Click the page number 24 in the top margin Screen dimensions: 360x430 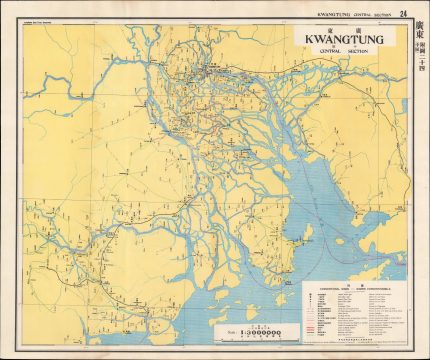pyautogui.click(x=403, y=13)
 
